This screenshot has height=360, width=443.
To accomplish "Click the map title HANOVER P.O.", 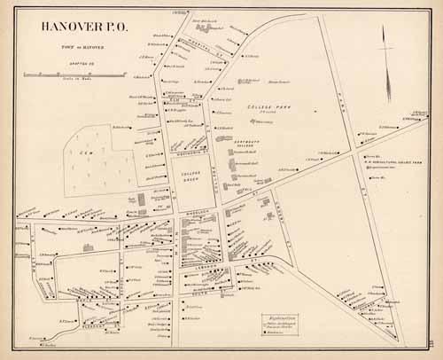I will [82, 27].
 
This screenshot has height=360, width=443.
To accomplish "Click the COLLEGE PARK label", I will [263, 106].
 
